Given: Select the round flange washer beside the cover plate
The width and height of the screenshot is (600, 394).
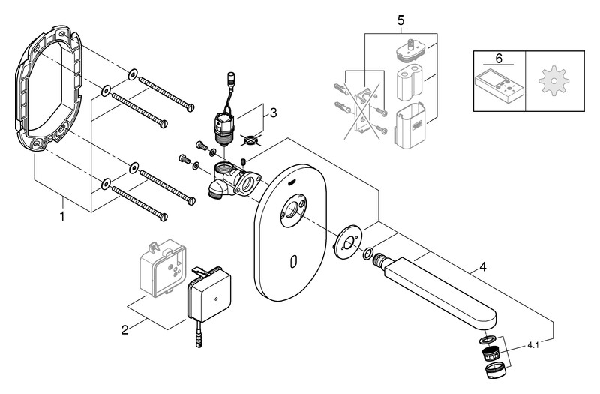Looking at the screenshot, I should point(348,239).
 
